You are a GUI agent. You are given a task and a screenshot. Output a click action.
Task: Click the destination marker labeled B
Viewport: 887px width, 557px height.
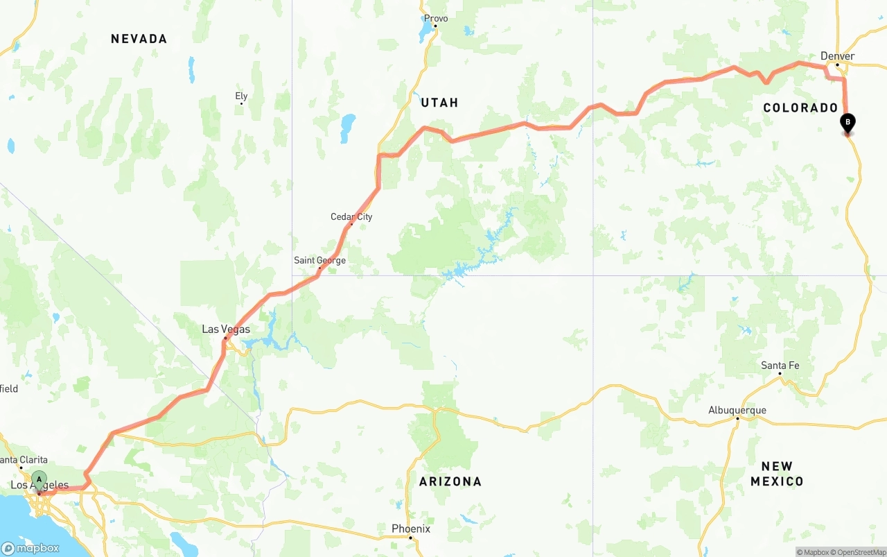(848, 123)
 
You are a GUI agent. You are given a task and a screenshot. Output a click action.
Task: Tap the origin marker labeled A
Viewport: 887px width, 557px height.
(39, 479)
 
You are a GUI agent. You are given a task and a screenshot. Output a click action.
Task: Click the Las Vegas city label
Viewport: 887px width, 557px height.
(226, 329)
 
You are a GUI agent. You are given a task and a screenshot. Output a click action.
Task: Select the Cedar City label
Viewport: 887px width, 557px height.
(351, 217)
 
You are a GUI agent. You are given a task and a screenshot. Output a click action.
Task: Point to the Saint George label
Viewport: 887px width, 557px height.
(319, 261)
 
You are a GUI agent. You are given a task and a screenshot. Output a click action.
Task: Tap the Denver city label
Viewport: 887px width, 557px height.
(837, 56)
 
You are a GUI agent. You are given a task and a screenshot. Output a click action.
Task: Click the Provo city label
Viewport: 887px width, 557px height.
(436, 19)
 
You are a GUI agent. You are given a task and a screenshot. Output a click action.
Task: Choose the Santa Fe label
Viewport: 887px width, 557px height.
(780, 366)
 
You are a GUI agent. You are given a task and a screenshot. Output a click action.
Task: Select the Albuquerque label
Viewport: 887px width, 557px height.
(737, 410)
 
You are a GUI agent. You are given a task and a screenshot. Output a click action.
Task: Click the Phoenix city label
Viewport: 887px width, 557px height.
(411, 529)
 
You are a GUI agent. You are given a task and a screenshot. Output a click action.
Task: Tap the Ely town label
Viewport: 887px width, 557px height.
(241, 96)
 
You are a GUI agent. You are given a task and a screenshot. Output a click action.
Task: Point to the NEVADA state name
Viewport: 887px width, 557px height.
(139, 39)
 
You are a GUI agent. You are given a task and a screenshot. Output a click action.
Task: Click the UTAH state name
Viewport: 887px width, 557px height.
(439, 103)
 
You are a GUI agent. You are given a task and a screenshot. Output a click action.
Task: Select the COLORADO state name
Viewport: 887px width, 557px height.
(800, 108)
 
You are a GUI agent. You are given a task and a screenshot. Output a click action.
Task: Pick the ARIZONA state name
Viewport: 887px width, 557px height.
(450, 481)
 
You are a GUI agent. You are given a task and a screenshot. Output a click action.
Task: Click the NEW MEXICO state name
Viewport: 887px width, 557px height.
(777, 474)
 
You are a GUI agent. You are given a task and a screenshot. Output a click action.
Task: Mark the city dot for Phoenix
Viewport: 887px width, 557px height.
(410, 538)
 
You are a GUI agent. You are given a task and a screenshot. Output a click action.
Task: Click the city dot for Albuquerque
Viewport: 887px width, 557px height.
(737, 418)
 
